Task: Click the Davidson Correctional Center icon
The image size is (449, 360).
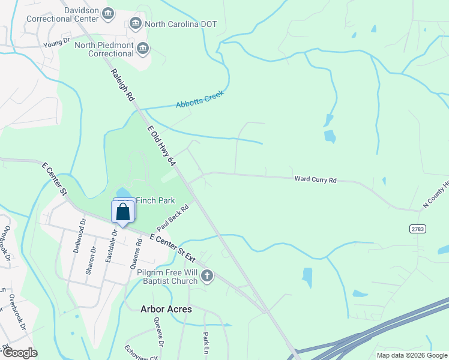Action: pos(108,13)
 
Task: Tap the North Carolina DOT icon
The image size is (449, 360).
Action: pos(135,24)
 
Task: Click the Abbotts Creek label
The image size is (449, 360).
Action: pos(200,100)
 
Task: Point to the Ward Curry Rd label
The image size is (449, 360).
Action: pos(316,179)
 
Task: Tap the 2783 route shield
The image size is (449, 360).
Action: pos(418,229)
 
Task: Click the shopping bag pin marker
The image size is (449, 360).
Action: pos(122,213)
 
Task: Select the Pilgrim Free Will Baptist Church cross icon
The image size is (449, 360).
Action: pos(206,276)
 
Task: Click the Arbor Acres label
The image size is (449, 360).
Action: pos(166,309)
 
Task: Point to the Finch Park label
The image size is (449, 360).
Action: pos(155,200)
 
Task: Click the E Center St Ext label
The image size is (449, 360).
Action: pos(173,247)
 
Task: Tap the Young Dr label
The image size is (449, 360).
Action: pos(57,43)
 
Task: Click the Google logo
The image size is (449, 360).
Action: pos(19,353)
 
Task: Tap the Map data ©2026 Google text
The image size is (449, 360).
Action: pos(411,355)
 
